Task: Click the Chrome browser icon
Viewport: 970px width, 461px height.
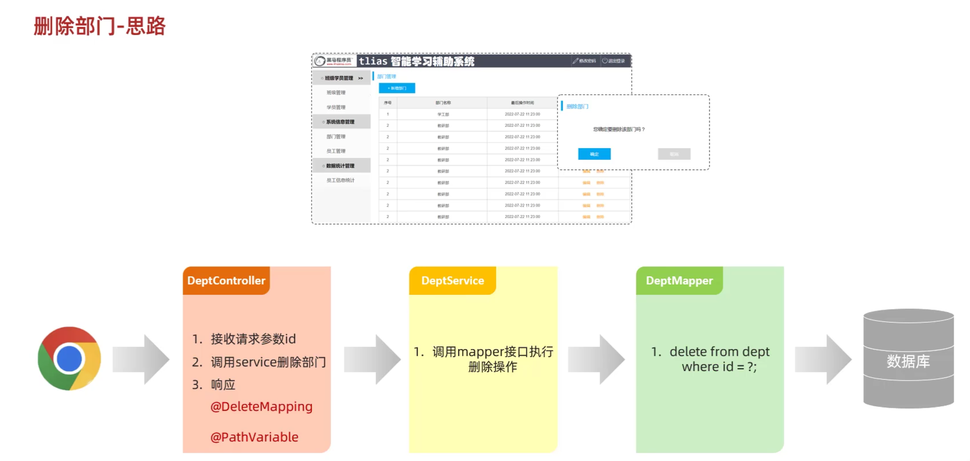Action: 69,359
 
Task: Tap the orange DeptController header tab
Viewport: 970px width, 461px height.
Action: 226,281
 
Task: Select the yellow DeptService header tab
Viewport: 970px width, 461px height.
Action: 453,281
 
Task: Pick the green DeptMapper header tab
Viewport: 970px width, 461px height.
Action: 679,281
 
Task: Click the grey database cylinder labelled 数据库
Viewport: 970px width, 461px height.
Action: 908,359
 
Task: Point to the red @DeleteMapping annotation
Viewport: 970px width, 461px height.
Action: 261,407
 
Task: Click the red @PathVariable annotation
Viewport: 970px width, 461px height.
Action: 254,437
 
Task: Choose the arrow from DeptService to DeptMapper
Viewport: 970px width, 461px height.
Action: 596,359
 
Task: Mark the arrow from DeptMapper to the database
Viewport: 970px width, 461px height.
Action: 823,359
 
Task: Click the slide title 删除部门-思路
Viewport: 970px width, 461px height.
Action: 100,26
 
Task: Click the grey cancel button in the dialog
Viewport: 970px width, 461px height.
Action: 674,154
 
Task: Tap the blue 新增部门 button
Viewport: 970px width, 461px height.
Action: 397,88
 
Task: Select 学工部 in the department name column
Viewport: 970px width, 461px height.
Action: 443,115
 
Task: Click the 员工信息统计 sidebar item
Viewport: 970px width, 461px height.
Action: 340,180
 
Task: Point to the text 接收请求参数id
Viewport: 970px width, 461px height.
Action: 253,339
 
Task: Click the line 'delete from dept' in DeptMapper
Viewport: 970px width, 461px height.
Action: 720,352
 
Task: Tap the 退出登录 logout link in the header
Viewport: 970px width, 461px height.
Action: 614,61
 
